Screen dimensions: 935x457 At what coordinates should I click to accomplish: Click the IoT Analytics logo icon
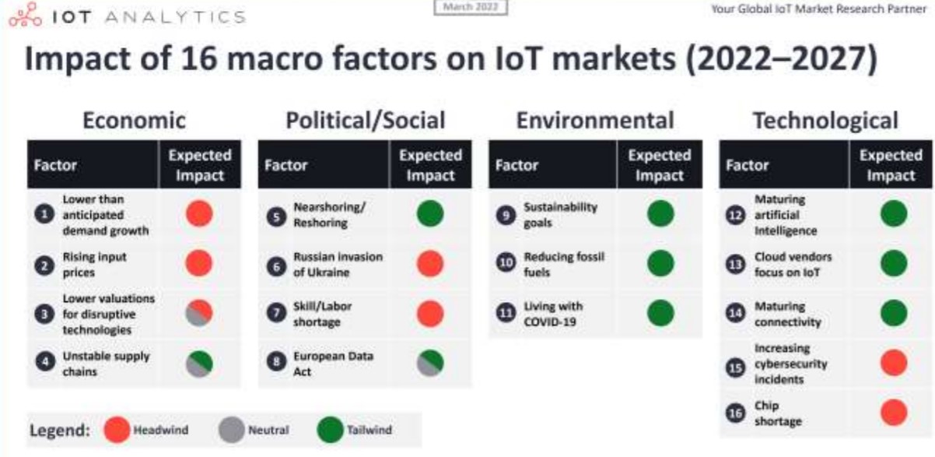[x=26, y=15]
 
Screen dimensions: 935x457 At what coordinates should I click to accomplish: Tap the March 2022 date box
[x=471, y=7]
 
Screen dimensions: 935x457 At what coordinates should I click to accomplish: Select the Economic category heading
[x=134, y=121]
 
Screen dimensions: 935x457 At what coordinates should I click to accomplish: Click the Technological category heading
[x=825, y=121]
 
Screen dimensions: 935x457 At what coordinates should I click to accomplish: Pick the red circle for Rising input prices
[x=199, y=263]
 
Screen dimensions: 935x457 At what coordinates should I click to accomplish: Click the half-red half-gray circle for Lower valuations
[x=199, y=313]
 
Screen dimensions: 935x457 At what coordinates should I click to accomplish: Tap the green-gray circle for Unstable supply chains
[x=199, y=364]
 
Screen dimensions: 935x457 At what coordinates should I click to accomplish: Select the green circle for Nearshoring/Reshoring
[x=430, y=213]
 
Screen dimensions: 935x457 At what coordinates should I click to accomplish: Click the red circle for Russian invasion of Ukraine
[x=430, y=264]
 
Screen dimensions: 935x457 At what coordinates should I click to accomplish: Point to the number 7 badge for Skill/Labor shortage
[x=276, y=313]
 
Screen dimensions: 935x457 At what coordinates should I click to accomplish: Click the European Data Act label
[x=333, y=364]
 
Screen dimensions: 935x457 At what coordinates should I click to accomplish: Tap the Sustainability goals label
[x=561, y=215]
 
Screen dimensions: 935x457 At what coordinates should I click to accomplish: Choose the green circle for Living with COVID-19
[x=660, y=313]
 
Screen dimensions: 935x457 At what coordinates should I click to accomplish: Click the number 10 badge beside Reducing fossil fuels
[x=506, y=262]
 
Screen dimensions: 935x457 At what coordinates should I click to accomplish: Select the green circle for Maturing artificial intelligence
[x=894, y=213]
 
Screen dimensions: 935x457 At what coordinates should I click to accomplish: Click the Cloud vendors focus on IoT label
[x=793, y=265]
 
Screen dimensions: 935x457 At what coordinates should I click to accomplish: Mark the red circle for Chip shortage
[x=894, y=413]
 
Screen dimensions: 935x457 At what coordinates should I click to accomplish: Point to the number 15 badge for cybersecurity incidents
[x=736, y=367]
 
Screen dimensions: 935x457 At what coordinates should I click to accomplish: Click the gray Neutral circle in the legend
[x=232, y=430]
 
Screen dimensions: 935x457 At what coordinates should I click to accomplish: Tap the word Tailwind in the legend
[x=369, y=430]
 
